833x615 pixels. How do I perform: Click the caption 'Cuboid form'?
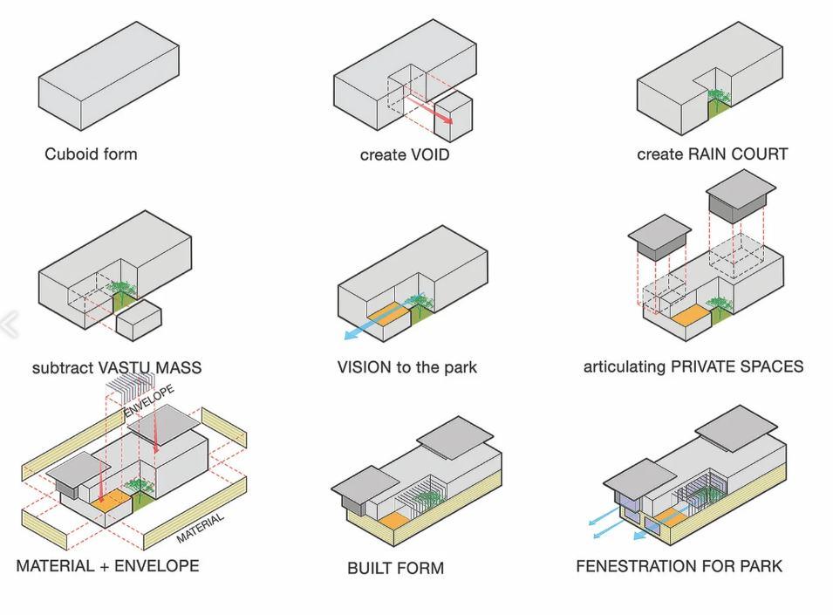pos(91,154)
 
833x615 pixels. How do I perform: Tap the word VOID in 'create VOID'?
pos(429,155)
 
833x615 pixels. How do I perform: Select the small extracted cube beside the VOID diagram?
pos(454,120)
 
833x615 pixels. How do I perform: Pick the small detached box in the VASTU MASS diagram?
pos(140,321)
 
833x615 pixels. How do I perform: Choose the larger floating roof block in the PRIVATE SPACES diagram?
pos(741,195)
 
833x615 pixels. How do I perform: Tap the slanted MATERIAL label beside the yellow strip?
pos(201,527)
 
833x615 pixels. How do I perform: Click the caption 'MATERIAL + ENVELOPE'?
pos(107,566)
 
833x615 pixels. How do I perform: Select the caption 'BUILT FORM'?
pos(395,568)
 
